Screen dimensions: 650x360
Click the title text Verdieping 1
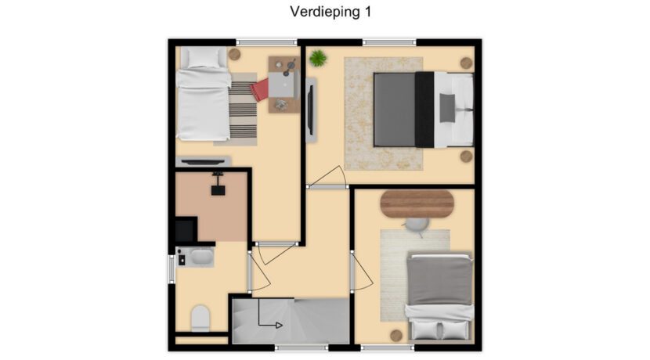coord(330,12)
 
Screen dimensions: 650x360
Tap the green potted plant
coord(317,58)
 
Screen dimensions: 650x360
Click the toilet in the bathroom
coord(200,319)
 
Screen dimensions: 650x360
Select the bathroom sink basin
coord(201,257)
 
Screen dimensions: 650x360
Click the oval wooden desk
coord(417,203)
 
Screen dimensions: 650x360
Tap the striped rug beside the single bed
coord(243,110)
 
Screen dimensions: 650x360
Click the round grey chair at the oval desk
coord(417,225)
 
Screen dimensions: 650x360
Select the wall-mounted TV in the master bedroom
coord(310,110)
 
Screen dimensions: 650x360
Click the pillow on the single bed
coord(204,58)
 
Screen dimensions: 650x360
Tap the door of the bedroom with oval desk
coord(362,272)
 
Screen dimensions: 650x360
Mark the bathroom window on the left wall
coord(172,269)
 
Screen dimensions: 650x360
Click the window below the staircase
coord(302,348)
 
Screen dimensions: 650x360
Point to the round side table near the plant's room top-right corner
coord(467,63)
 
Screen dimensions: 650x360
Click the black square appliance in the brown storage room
coord(218,190)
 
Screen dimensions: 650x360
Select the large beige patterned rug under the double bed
coord(384,113)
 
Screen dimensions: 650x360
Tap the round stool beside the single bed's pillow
coord(235,54)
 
